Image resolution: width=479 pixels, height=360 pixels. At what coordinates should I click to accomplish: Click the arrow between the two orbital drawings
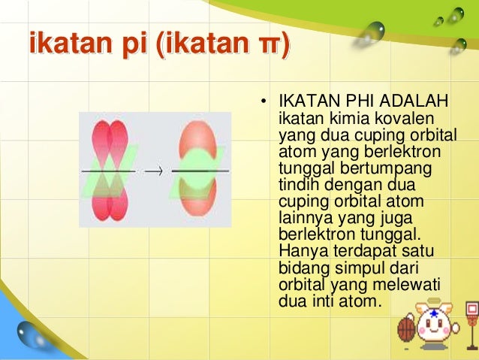153,171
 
